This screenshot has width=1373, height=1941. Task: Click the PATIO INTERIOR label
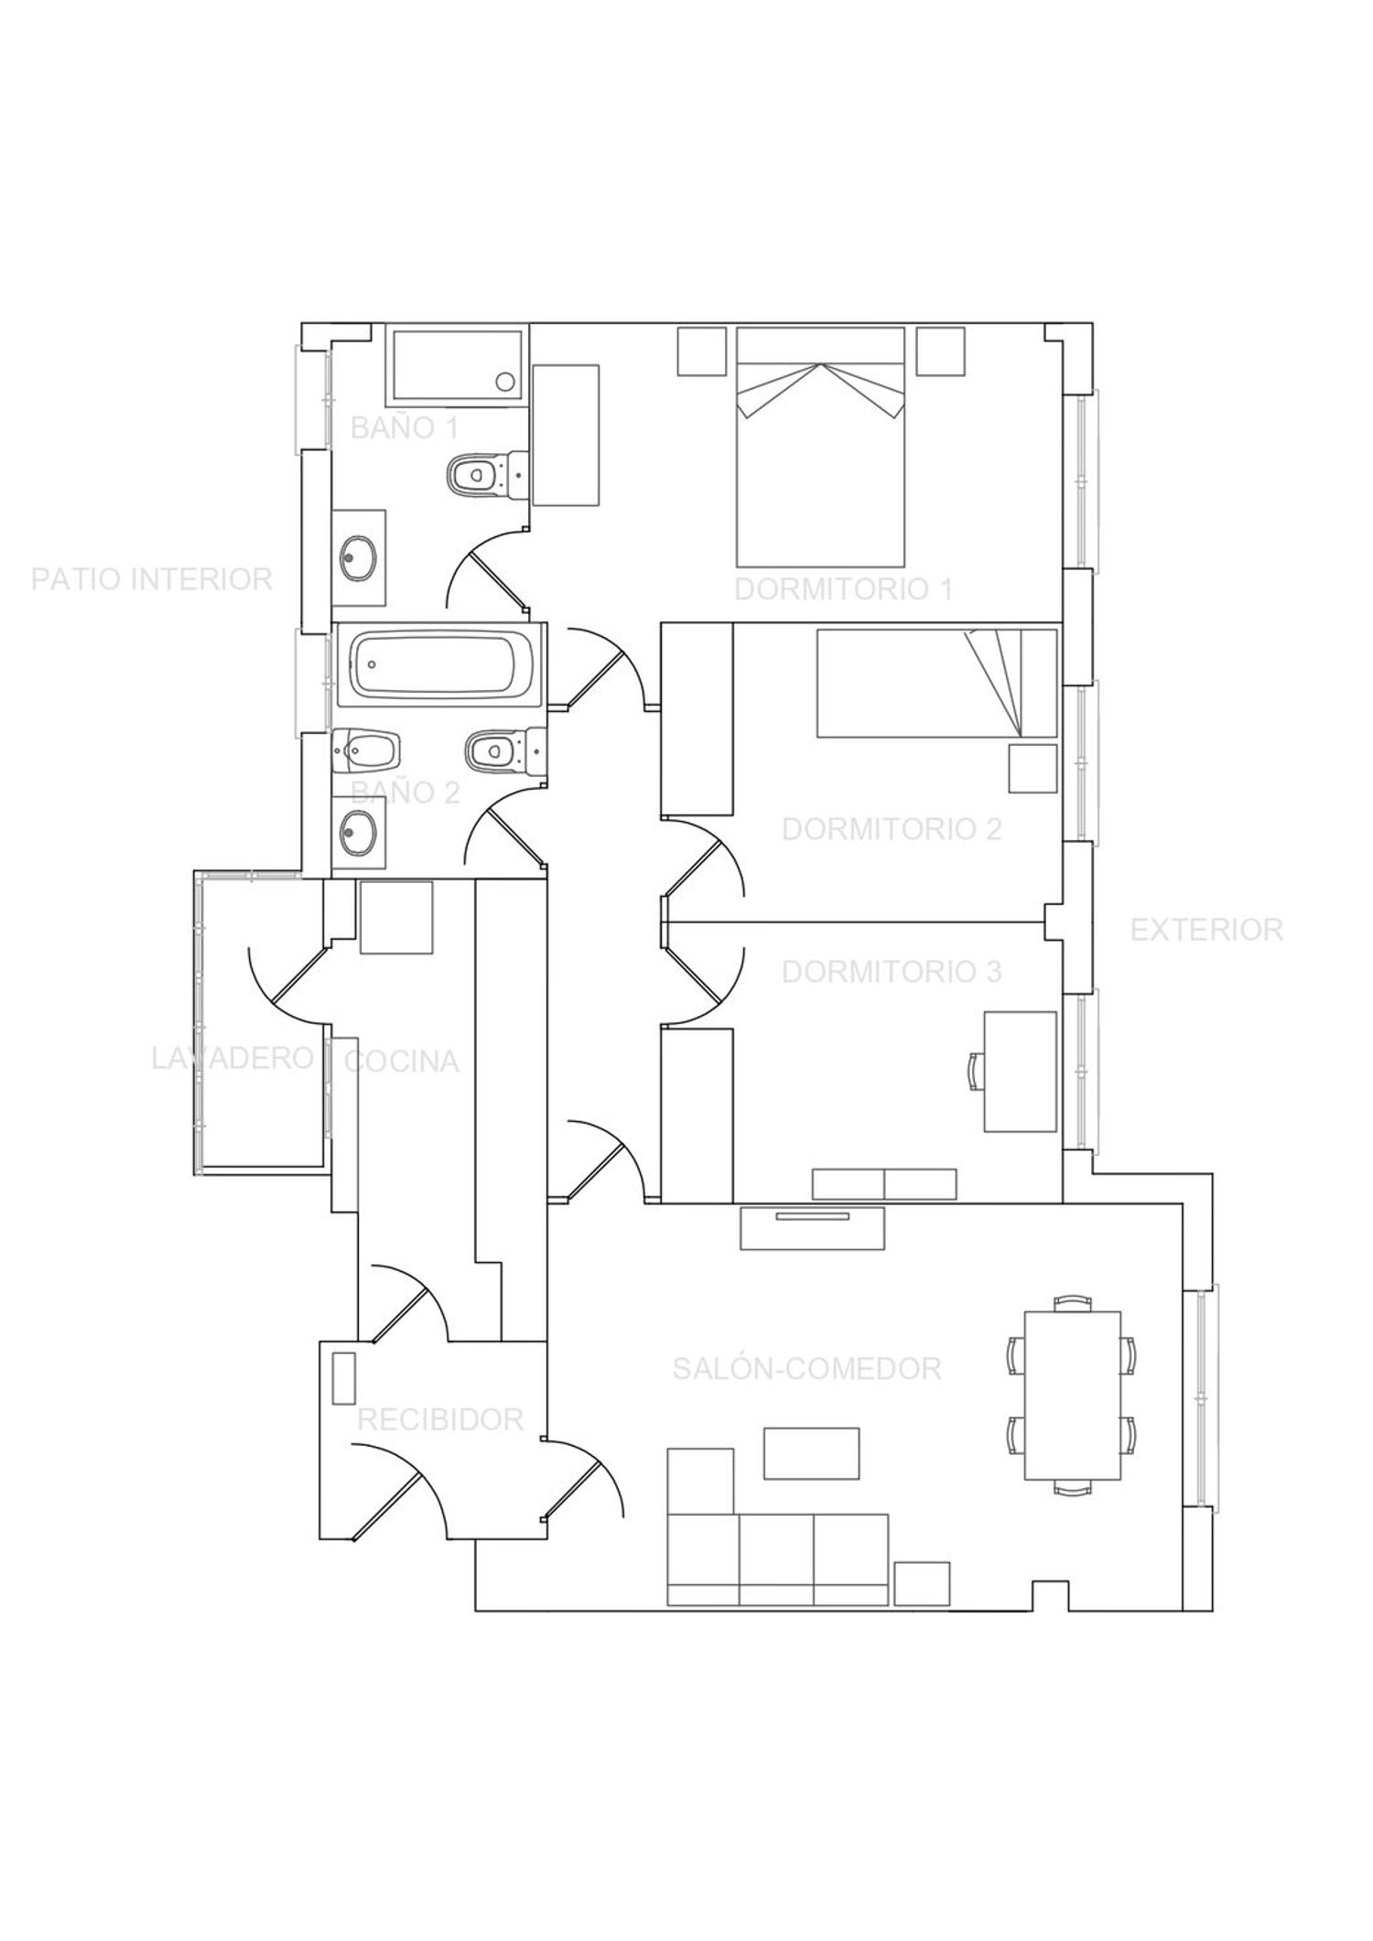coord(152,579)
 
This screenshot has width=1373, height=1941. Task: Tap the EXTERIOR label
coord(1206,930)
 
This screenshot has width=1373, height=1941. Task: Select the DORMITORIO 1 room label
coord(843,589)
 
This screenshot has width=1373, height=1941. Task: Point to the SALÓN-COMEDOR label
coord(806,1368)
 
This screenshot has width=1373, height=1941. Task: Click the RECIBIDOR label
coord(439,1419)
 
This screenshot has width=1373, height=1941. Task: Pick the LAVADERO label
coord(232,1058)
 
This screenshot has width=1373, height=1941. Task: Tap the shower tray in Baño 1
coord(458,365)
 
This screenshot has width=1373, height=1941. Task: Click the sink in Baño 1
coord(358,557)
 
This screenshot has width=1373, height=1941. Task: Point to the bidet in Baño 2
coord(368,752)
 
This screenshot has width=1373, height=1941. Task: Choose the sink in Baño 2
coord(358,832)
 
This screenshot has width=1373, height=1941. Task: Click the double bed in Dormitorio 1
coord(820,447)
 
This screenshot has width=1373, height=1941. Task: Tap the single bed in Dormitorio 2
coord(937,683)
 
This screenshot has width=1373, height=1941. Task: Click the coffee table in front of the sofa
coord(812,1452)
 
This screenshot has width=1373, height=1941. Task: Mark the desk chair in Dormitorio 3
coord(976,1071)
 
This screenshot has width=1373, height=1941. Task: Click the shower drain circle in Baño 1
coord(504,382)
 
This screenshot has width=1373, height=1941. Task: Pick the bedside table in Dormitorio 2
coord(1033,768)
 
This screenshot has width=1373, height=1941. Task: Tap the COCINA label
coord(401,1061)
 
